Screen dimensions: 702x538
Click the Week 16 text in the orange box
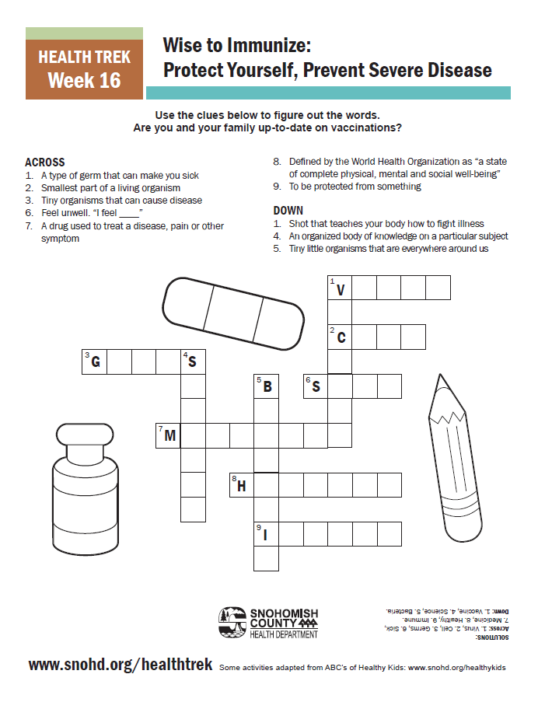point(84,81)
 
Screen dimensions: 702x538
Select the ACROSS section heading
point(45,162)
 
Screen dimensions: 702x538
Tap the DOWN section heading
point(288,211)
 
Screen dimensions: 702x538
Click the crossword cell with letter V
point(340,288)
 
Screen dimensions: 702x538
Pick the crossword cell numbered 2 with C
point(340,337)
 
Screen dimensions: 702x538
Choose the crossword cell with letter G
point(95,362)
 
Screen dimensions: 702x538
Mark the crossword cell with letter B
point(267,386)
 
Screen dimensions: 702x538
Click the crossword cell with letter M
point(169,436)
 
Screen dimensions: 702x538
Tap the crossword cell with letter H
point(242,485)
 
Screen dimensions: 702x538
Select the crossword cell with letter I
point(267,534)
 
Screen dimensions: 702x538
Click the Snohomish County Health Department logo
point(268,623)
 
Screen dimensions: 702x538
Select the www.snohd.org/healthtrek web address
point(120,665)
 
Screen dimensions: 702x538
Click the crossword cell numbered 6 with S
point(316,386)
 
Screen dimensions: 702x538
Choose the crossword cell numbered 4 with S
point(193,362)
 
